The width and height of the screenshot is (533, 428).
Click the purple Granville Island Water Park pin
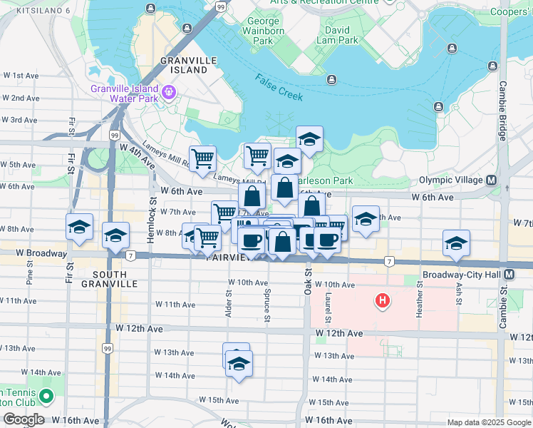(169, 91)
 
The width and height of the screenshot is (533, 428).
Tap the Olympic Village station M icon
(491, 180)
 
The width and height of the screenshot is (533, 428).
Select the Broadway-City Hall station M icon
(509, 275)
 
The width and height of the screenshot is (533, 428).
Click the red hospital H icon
(383, 301)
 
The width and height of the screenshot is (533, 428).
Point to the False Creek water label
(280, 87)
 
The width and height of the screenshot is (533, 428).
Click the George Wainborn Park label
(263, 31)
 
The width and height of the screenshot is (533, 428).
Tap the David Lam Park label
(337, 36)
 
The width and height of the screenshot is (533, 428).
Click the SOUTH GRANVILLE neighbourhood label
(110, 279)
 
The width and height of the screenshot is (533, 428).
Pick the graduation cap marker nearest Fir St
(79, 227)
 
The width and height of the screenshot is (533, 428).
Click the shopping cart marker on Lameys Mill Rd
(203, 158)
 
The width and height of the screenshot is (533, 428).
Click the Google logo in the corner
(24, 419)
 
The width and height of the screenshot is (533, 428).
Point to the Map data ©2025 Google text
(488, 422)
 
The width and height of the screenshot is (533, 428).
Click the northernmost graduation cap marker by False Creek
(309, 139)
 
